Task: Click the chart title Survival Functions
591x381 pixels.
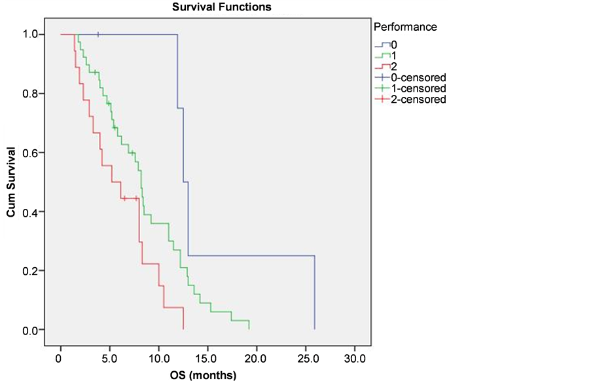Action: [222, 7]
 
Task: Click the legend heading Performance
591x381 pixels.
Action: [404, 27]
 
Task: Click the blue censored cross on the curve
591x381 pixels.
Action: [98, 34]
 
